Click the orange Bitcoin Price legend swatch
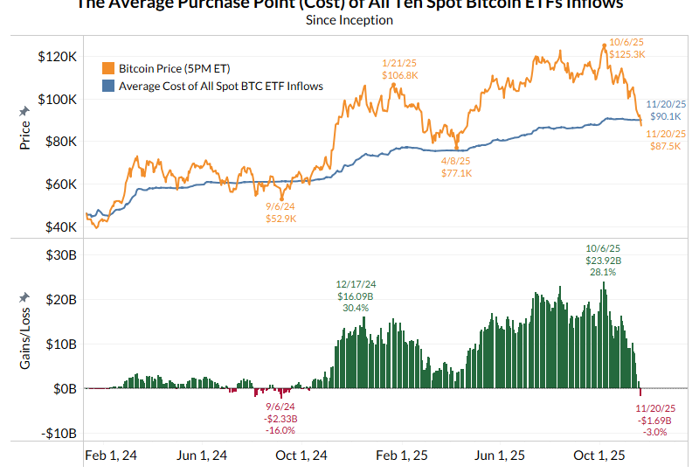point(108,68)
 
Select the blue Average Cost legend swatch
point(108,86)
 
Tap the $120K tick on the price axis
point(56,56)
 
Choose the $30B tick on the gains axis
point(58,254)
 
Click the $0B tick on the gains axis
point(60,388)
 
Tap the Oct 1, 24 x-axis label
point(302,456)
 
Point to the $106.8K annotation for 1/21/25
point(400,75)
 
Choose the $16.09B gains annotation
point(356,296)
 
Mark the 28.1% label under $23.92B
point(603,272)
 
